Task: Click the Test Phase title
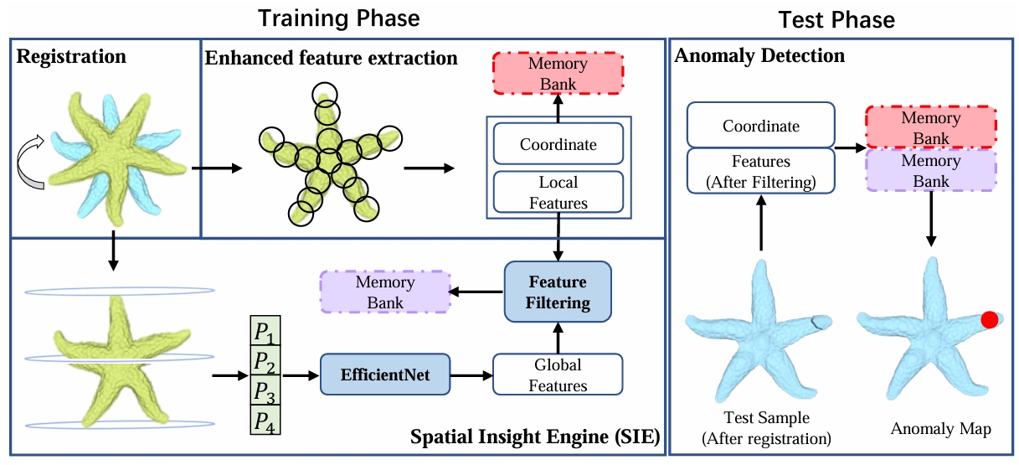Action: point(836,18)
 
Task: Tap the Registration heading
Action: point(71,57)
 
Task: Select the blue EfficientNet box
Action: point(384,375)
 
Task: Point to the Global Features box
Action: point(558,375)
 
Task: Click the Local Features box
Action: point(558,192)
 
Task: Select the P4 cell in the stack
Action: point(265,421)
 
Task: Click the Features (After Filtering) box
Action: point(761,172)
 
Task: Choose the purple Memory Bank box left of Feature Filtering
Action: point(385,292)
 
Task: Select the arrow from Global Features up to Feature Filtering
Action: point(558,337)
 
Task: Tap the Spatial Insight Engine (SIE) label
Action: point(534,437)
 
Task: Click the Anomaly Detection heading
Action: point(759,57)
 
